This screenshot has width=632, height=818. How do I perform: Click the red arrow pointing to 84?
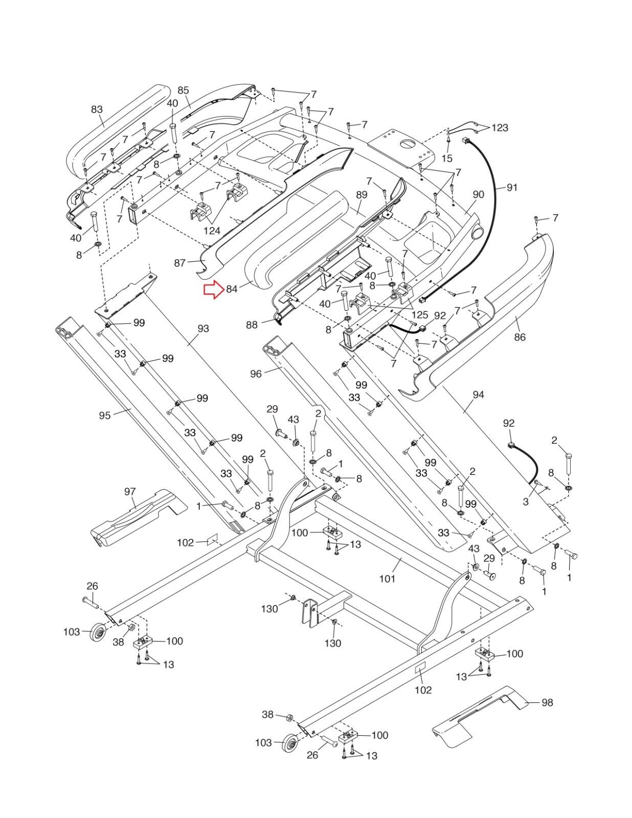click(212, 290)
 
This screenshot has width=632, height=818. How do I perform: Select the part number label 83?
click(97, 109)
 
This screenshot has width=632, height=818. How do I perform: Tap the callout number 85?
click(183, 90)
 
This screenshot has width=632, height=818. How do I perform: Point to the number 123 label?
click(500, 127)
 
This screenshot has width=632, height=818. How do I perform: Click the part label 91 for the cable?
click(512, 188)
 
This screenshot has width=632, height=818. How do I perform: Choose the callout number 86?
click(520, 337)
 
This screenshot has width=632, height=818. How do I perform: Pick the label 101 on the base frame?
click(387, 579)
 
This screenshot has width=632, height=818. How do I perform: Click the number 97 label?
click(130, 491)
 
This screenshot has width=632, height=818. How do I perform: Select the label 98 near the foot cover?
click(547, 703)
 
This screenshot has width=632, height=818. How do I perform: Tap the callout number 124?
click(212, 231)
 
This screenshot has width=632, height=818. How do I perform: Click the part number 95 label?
click(105, 415)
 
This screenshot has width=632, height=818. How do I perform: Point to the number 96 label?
click(256, 374)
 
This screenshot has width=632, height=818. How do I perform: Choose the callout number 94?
click(478, 395)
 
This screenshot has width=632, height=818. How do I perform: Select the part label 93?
click(203, 328)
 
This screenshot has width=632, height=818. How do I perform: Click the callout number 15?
click(447, 158)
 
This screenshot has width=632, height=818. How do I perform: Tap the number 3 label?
click(526, 503)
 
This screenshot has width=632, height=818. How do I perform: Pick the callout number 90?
click(478, 194)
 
